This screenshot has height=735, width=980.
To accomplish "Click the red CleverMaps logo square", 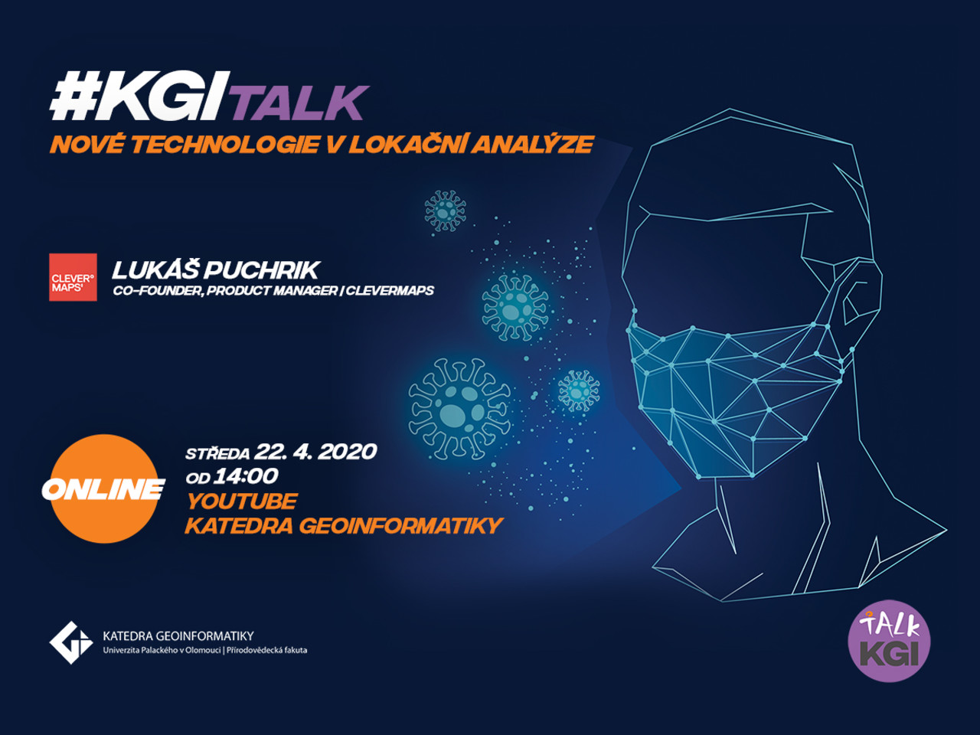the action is [x=73, y=277].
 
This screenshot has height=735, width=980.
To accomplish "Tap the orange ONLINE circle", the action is [x=104, y=488].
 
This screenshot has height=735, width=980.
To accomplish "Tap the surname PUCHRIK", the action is [x=262, y=270].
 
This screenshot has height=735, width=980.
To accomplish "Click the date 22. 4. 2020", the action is [x=315, y=452].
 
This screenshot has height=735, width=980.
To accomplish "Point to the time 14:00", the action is [x=246, y=477].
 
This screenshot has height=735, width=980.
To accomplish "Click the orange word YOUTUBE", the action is [x=241, y=501].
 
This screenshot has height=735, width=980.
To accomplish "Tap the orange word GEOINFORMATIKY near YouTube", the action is [x=401, y=526].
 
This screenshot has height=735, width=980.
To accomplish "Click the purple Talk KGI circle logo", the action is [x=889, y=641].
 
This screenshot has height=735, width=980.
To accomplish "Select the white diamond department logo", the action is [x=71, y=642].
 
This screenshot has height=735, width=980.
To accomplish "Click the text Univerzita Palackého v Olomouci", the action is [x=162, y=650].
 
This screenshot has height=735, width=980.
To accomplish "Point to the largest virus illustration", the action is [x=459, y=409].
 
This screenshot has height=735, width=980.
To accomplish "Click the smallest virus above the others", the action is [x=445, y=211].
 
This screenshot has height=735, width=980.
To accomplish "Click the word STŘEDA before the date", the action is [x=217, y=453].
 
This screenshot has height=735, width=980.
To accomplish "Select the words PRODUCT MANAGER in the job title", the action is [x=272, y=291].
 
